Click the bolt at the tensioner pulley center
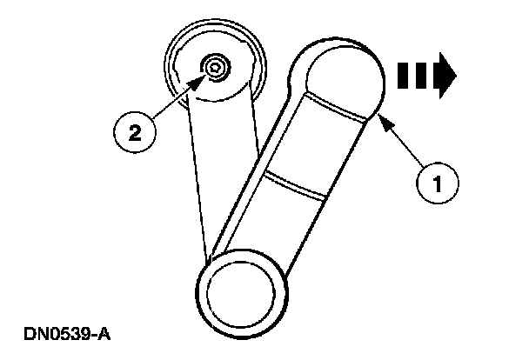(x=213, y=66)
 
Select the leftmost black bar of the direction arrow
(x=403, y=74)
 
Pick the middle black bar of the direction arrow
(x=415, y=74)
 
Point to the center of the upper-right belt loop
(x=342, y=81)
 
